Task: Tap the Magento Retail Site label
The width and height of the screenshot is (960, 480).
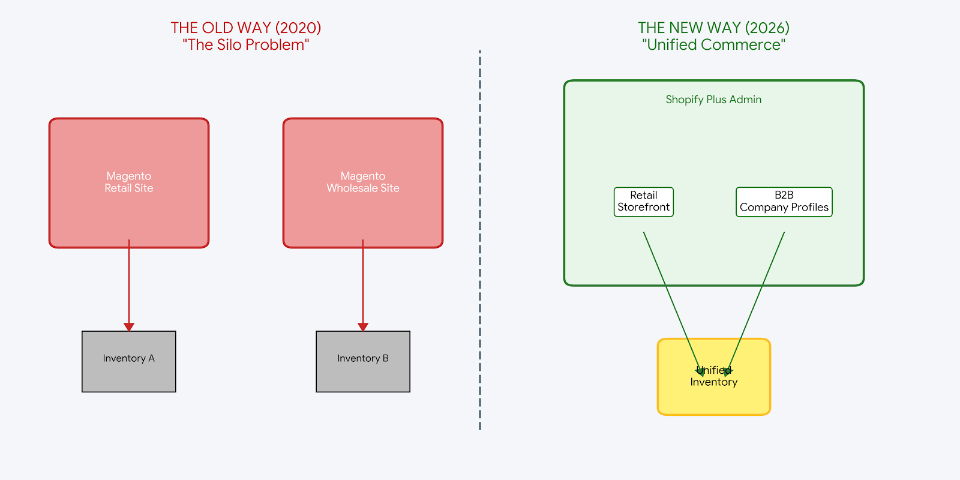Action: pyautogui.click(x=128, y=182)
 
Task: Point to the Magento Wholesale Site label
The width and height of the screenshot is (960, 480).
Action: pyautogui.click(x=362, y=182)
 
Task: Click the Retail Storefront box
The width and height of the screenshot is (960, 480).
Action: pyautogui.click(x=643, y=202)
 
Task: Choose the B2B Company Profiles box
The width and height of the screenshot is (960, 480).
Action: pyautogui.click(x=784, y=202)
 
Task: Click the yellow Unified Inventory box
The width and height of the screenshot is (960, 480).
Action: pyautogui.click(x=713, y=396)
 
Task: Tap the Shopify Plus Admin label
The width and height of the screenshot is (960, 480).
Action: pyautogui.click(x=713, y=100)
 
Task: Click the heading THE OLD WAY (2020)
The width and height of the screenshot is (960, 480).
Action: pyautogui.click(x=245, y=28)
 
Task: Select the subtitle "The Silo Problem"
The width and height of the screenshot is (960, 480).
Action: pyautogui.click(x=245, y=45)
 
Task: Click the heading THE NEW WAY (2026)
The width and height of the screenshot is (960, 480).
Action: pyautogui.click(x=713, y=28)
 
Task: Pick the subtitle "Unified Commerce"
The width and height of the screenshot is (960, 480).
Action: pyautogui.click(x=713, y=45)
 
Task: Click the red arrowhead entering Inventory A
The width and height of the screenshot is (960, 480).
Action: pyautogui.click(x=128, y=327)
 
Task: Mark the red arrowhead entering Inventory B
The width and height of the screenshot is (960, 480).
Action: pyautogui.click(x=362, y=327)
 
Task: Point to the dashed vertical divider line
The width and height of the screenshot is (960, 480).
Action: pyautogui.click(x=480, y=240)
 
